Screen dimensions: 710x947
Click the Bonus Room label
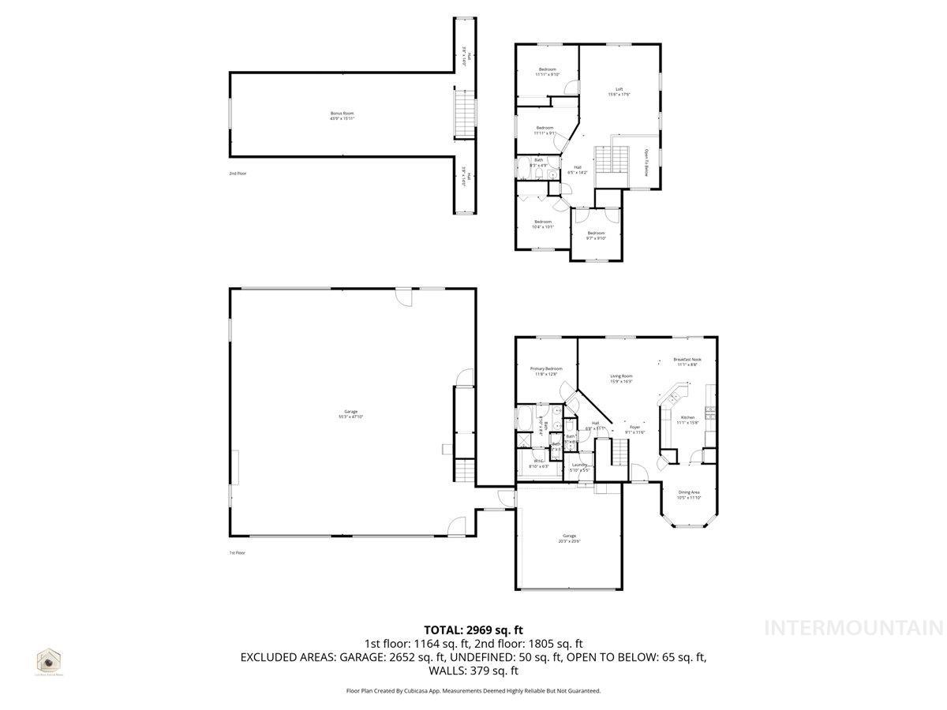coord(342,114)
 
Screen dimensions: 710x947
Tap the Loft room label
coord(619,88)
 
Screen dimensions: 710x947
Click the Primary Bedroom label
coord(546,368)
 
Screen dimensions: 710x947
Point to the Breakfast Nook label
coord(687,359)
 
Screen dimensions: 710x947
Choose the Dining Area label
coord(689,491)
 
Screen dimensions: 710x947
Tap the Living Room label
coord(621,376)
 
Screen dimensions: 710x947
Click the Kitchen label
coord(687,417)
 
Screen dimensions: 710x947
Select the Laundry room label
coord(578,465)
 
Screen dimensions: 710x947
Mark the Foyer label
coord(634,427)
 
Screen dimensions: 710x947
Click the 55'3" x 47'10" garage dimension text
coord(350,416)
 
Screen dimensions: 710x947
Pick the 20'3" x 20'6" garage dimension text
coord(569,540)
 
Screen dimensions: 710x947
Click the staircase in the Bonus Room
coord(466,115)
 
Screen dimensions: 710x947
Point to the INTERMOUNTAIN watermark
coord(854,628)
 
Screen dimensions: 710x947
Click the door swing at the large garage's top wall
coord(403,297)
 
